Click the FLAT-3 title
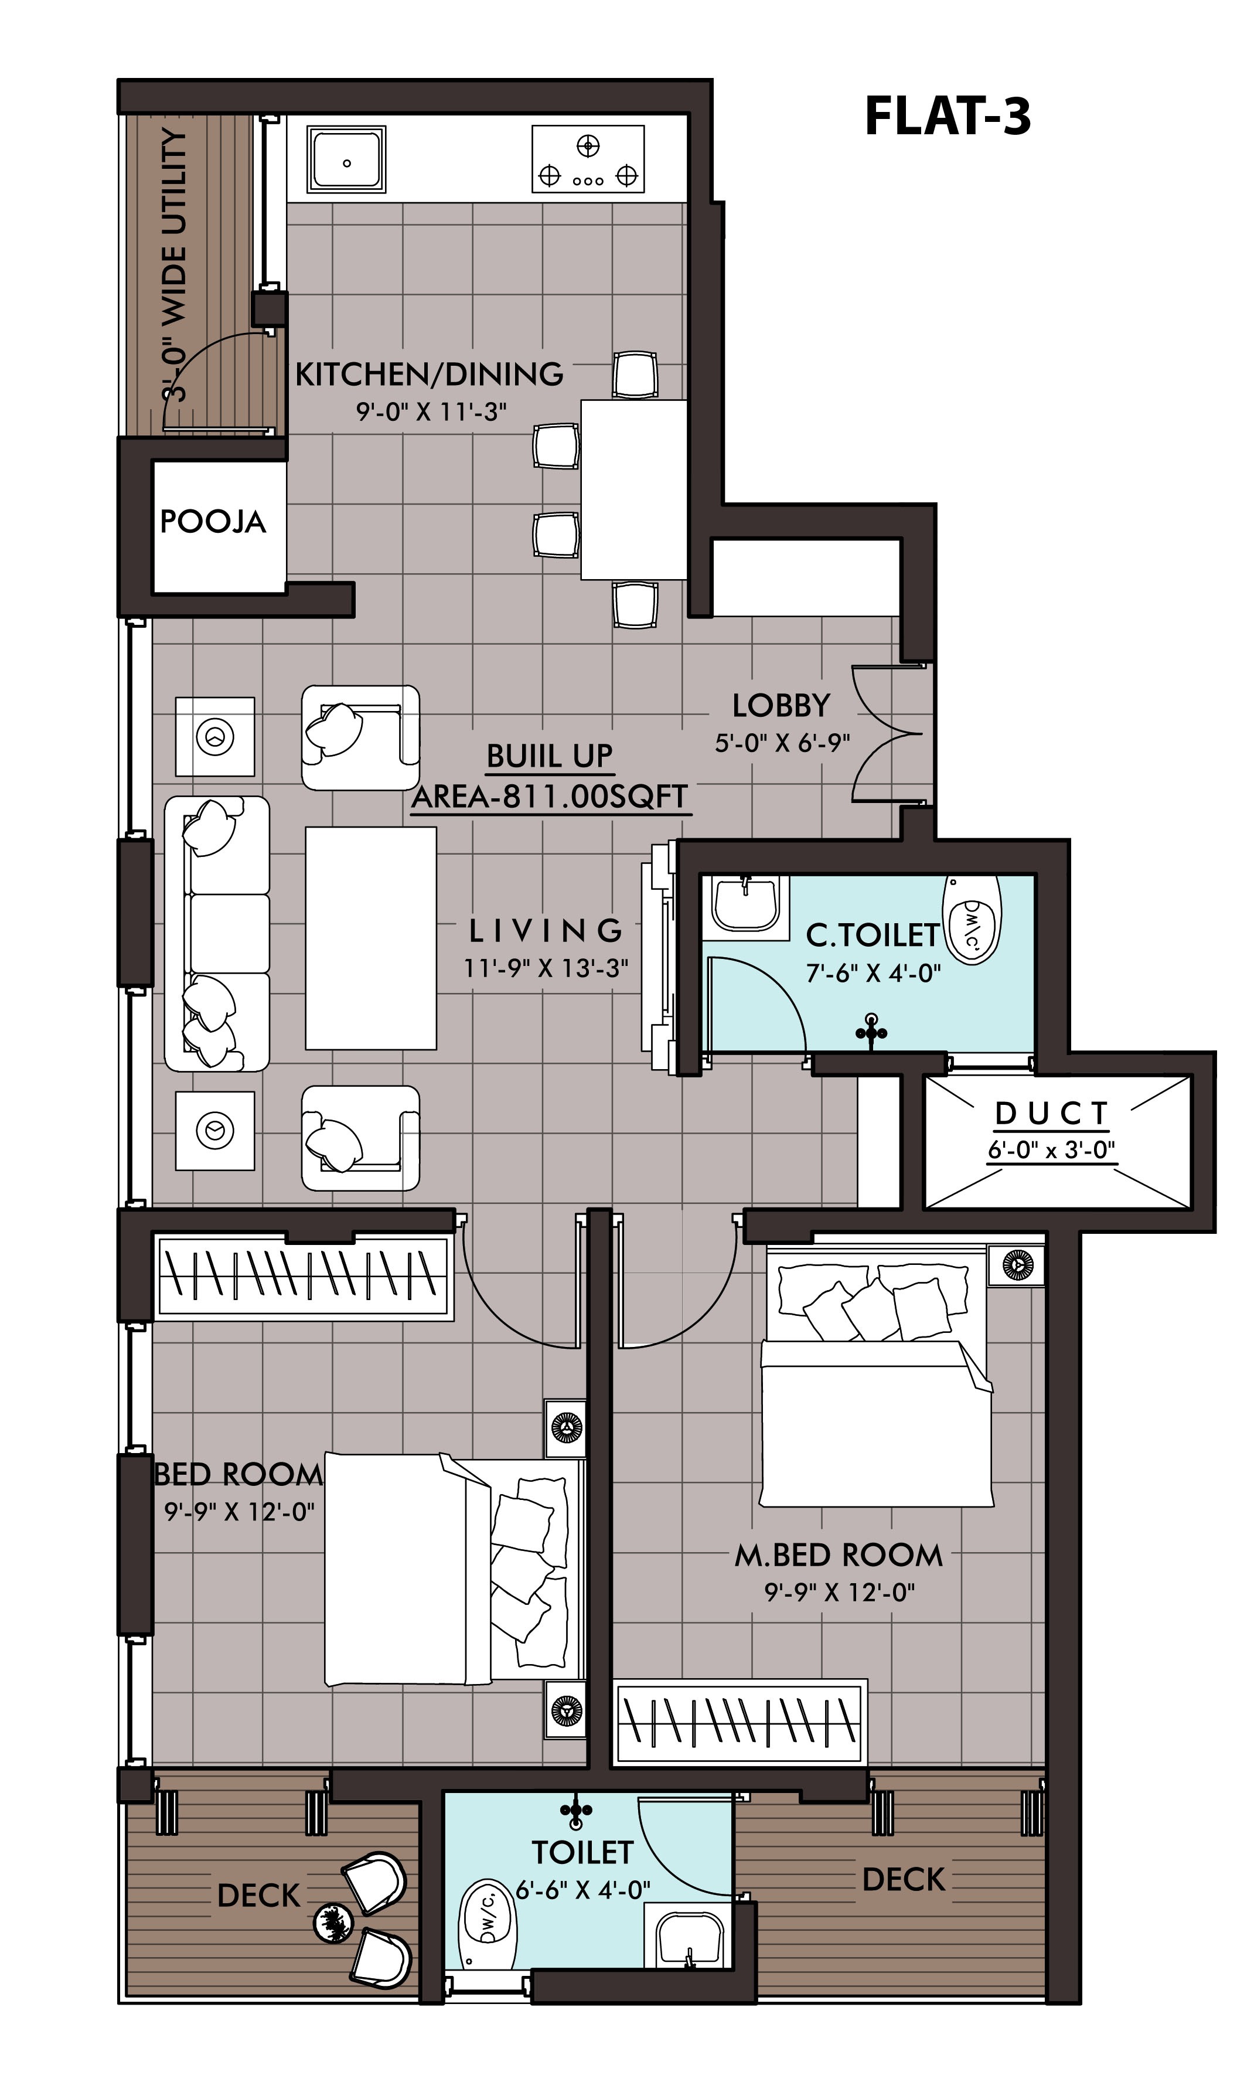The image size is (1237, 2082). [948, 116]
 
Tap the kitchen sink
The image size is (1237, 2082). [346, 159]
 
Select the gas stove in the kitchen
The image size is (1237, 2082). [588, 159]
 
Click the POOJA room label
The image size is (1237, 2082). [213, 522]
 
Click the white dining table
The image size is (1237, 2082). [633, 489]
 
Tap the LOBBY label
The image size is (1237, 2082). [781, 706]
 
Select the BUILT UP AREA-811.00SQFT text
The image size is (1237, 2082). [550, 777]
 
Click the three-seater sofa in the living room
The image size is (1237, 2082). [217, 933]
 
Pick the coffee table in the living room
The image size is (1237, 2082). [371, 938]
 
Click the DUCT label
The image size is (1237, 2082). [1052, 1114]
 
